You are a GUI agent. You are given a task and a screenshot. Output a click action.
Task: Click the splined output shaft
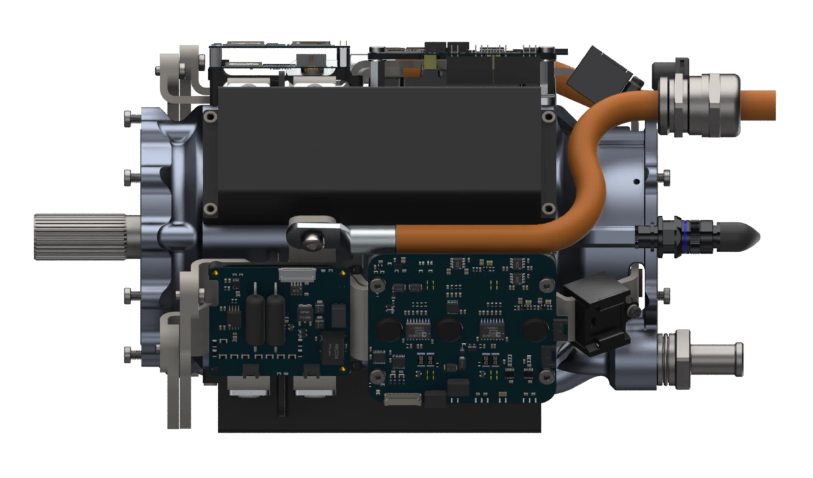[80, 236]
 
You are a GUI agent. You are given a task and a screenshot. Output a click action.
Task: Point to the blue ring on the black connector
[685, 237]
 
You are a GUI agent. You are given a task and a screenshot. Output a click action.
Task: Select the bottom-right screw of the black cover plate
[549, 208]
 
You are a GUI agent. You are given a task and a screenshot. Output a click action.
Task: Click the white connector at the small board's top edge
[297, 275]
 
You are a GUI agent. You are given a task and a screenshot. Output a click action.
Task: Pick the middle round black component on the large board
[449, 328]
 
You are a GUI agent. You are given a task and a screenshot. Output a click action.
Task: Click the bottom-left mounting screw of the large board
[377, 375]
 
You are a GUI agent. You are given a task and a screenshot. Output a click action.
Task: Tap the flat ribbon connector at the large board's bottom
[402, 399]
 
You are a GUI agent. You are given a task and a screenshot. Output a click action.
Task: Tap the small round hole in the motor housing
[636, 182]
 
